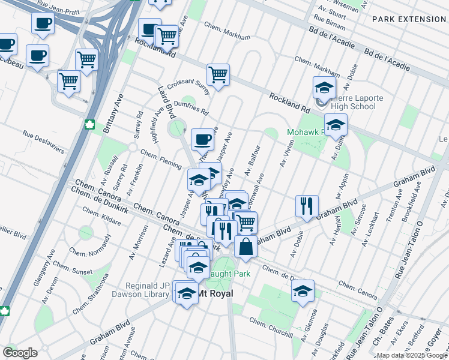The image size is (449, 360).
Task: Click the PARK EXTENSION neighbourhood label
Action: (x=409, y=19)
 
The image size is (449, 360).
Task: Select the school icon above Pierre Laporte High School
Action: (x=324, y=89)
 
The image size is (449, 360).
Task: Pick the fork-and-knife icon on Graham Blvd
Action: (x=307, y=206)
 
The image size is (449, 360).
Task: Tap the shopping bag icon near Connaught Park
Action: (x=246, y=246)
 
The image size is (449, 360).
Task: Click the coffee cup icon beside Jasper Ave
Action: (x=203, y=140)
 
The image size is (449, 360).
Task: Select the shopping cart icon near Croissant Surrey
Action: (x=218, y=76)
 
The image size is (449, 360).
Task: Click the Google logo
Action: (x=20, y=353)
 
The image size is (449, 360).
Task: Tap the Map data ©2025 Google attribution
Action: (x=412, y=356)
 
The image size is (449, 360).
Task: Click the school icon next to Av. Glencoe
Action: (x=303, y=291)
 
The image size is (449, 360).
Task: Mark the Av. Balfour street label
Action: (x=252, y=160)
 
